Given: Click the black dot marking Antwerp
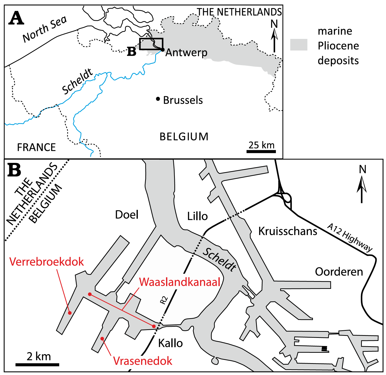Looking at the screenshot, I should pos(163,49).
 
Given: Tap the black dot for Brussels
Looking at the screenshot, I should pos(158,99).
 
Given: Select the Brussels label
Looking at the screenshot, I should pos(183,100).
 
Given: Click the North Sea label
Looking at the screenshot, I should pos(45,29).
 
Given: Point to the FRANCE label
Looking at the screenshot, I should pos(36,147).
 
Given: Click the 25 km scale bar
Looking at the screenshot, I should pos(261,151).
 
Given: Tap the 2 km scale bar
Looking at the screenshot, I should pos(37,364).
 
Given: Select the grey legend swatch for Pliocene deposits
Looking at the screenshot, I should pos(299,45).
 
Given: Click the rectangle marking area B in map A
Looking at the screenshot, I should pos(151,44).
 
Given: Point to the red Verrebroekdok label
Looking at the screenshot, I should pos(46,262).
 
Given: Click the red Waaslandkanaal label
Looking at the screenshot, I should pos(180,282).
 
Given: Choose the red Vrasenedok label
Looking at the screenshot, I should pos(143,361).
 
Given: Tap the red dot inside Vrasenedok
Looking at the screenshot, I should pos(102,339).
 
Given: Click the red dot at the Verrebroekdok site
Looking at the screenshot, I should pos(70,313).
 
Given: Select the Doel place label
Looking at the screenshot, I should pos(127,215).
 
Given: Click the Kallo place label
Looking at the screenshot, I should pos(170,343).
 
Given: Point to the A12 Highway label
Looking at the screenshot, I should pos(349,237).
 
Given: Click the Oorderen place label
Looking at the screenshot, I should pos(339,272).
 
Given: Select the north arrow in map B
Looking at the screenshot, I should pos(362,187).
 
